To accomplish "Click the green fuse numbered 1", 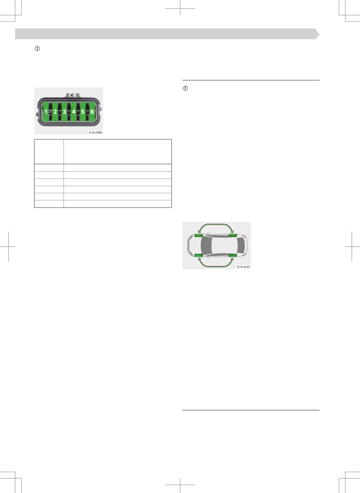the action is pos(46,112).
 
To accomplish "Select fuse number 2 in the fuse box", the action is pos(55,112).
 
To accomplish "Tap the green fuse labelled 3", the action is pos(64,112).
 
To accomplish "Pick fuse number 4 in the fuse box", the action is pos(73,112).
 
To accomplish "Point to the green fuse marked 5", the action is pos(83,112).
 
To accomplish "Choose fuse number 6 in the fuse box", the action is pos(92,112).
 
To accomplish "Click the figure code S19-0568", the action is pos(95,132).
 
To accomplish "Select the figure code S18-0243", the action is pos(243,267).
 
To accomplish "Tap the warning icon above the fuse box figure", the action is pos(37,48).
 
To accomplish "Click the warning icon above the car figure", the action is pos(185,88).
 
